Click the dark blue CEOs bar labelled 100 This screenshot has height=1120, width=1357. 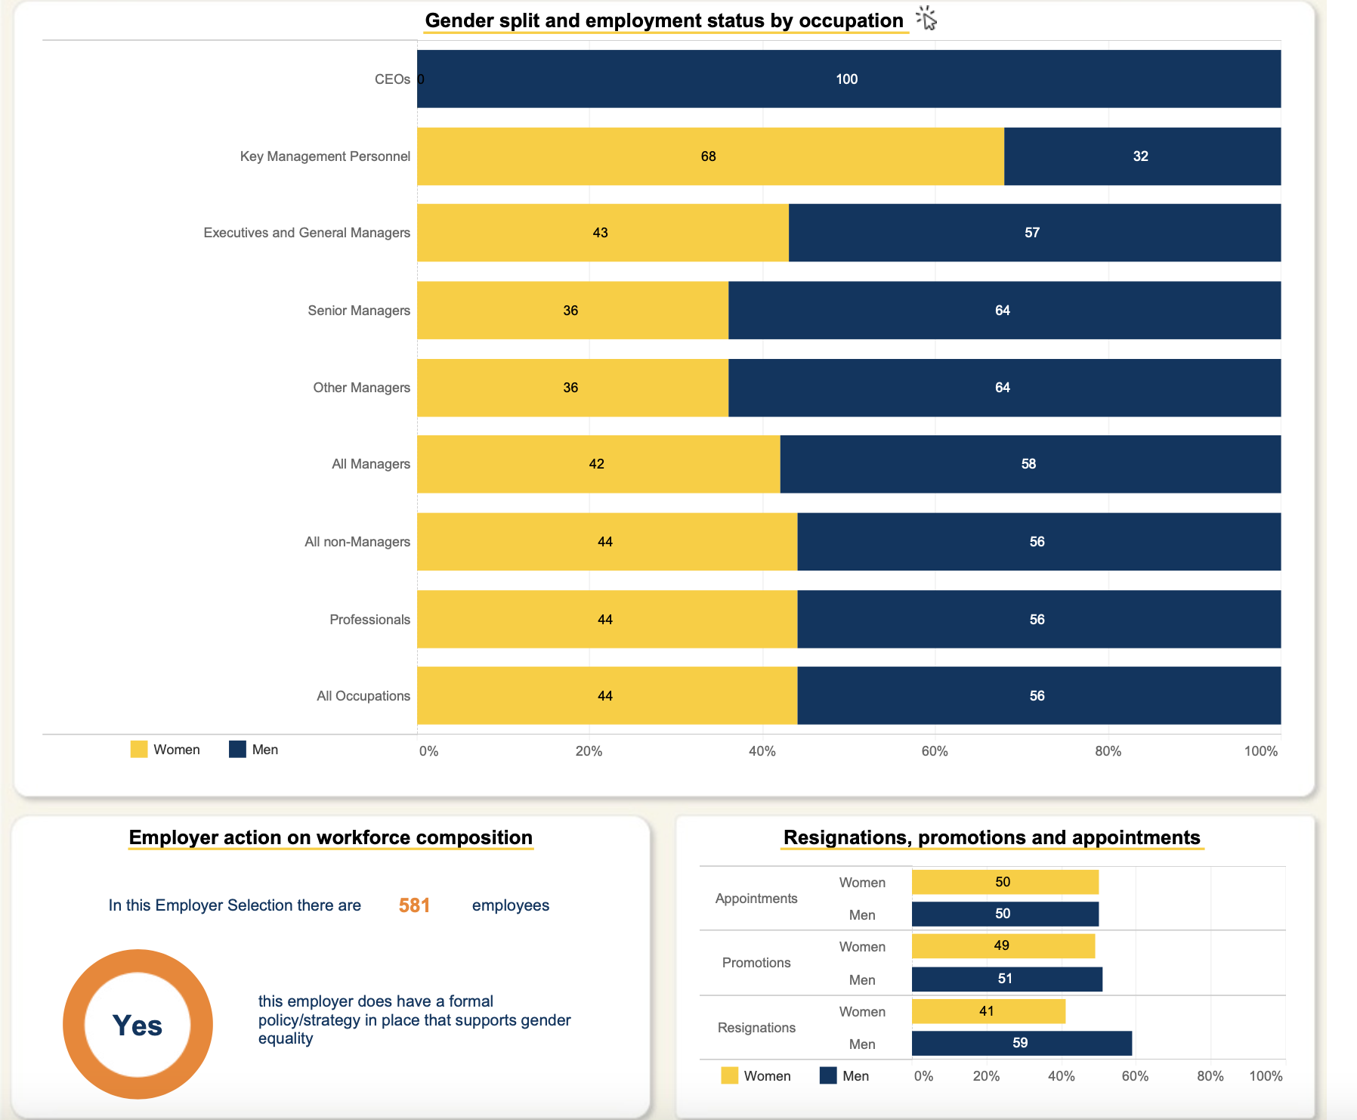849,79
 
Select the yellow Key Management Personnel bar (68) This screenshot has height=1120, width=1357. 710,156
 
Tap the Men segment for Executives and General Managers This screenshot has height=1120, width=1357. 1034,233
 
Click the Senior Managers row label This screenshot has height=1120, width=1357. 359,311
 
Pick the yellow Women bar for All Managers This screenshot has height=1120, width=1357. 598,464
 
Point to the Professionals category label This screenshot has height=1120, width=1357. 369,620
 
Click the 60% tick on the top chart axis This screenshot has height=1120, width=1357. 935,751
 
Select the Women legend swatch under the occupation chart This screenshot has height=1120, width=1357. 139,750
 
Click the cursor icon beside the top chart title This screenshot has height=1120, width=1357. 927,19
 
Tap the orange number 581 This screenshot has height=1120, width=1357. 415,905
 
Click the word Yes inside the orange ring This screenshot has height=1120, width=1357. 138,1026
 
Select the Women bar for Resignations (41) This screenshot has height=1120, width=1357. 988,1011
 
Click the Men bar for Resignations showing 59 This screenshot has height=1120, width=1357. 1022,1043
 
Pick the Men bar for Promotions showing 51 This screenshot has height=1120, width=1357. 1006,979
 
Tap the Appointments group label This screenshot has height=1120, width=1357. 756,899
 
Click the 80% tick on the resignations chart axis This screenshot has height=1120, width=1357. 1210,1076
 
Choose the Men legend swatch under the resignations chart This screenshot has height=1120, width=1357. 828,1075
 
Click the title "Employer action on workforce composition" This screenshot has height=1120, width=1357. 331,837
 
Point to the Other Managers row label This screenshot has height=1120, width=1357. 361,388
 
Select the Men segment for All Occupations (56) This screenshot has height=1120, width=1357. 1039,696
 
